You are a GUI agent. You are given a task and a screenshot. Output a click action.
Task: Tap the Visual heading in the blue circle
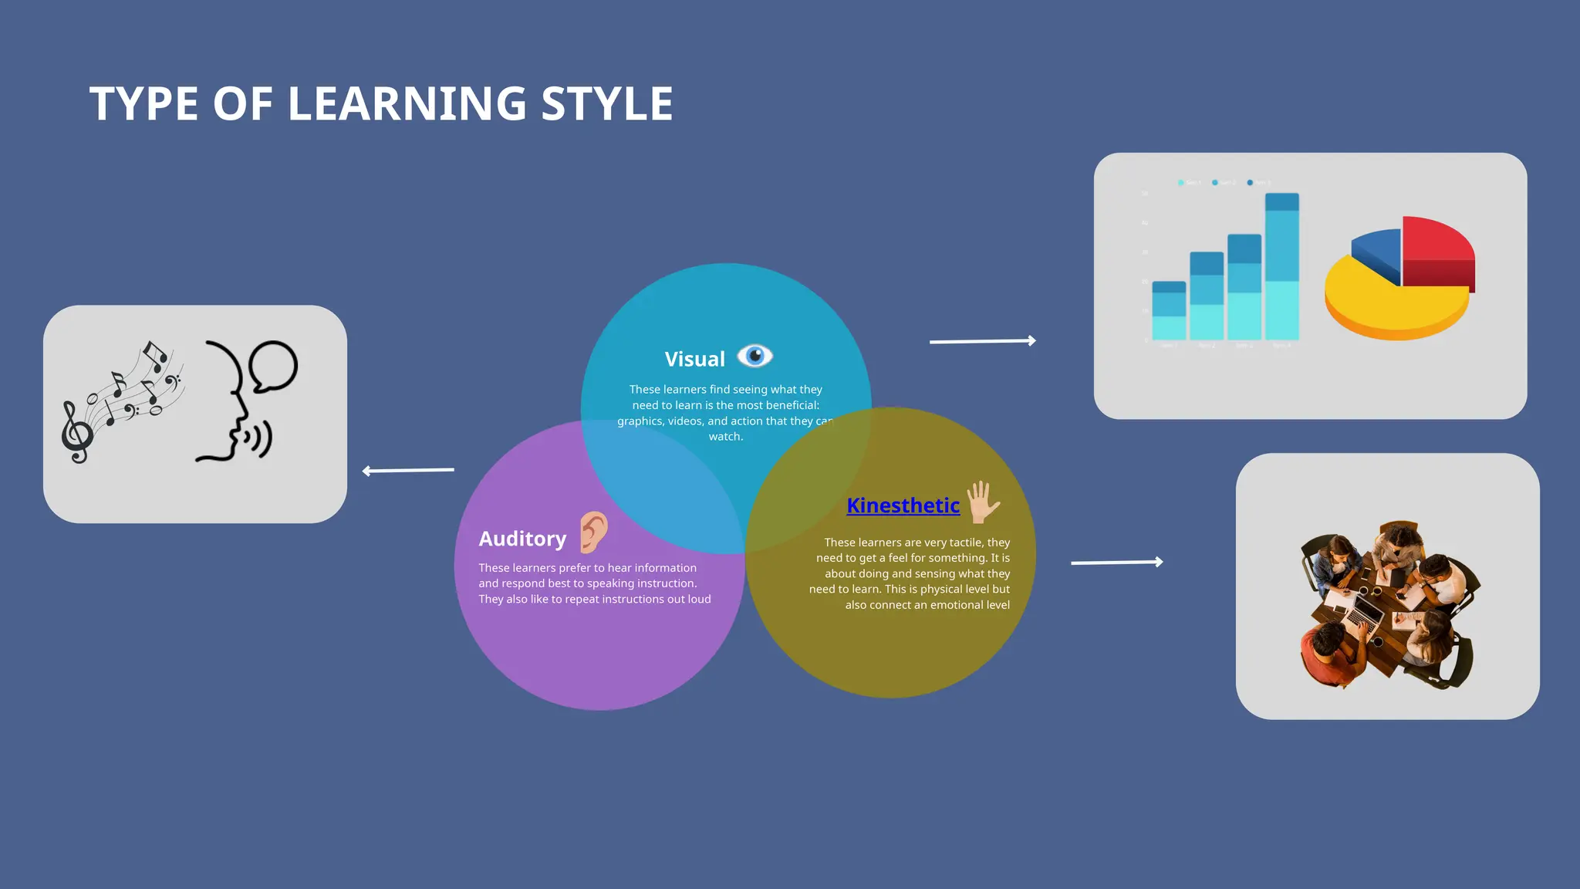tap(694, 359)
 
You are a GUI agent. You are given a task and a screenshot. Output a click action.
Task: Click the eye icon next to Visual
tap(755, 356)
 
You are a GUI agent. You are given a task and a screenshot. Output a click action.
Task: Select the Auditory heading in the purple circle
tap(522, 539)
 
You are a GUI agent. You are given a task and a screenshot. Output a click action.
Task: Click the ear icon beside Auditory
tap(593, 532)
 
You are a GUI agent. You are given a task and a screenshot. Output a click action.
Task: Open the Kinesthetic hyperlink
tap(903, 505)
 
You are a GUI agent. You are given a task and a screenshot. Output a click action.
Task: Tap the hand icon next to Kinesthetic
tap(983, 502)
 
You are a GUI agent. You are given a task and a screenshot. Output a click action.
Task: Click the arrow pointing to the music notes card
tap(408, 470)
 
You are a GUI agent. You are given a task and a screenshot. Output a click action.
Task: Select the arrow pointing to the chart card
tap(982, 340)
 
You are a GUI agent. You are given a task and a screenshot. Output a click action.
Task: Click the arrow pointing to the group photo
tap(1116, 563)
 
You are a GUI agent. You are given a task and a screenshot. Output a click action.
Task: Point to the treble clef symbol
tap(77, 432)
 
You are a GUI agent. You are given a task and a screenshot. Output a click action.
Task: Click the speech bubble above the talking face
tap(274, 366)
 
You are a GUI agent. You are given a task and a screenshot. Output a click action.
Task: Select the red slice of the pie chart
tap(1437, 247)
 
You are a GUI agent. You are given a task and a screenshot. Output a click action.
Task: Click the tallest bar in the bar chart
tap(1281, 266)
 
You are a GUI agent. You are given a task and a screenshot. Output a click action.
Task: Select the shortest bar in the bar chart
tap(1168, 310)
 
